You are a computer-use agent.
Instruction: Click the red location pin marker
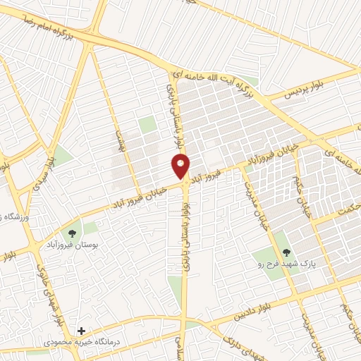181,166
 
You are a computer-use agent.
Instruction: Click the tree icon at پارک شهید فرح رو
286,251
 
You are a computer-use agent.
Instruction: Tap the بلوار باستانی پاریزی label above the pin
170,113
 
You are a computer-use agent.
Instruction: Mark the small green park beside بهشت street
147,126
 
